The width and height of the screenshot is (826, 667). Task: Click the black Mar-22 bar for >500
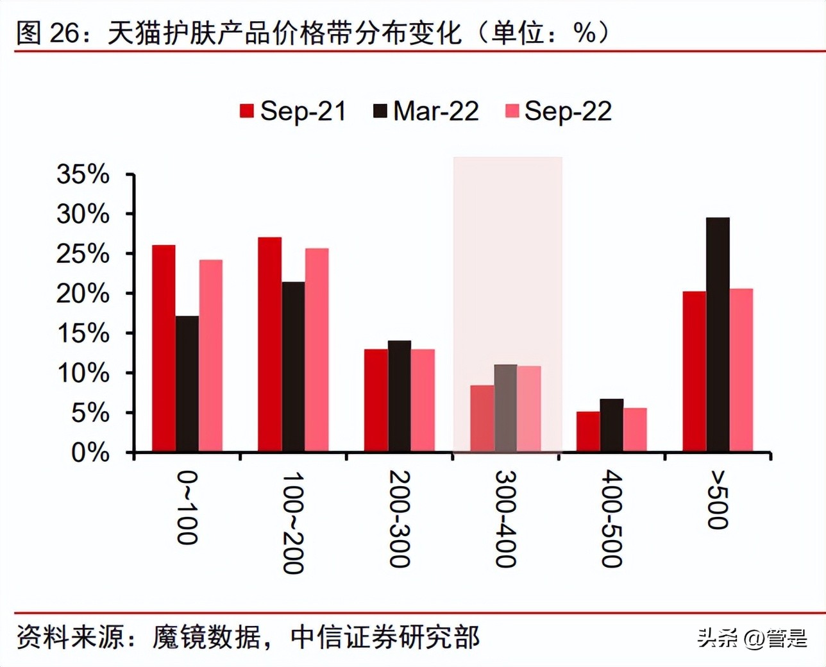tap(718, 335)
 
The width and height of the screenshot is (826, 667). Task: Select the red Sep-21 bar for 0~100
tap(164, 348)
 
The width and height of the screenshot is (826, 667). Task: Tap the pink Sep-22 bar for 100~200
tap(317, 350)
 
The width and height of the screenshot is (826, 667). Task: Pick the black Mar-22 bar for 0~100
tap(187, 384)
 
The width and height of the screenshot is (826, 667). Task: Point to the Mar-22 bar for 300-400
tap(505, 408)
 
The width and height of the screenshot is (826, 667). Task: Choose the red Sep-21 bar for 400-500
tap(588, 432)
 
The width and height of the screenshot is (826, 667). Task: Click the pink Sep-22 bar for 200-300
tap(423, 400)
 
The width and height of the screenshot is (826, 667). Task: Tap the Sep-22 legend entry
tap(559, 111)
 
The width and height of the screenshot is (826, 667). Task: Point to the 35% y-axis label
tap(83, 174)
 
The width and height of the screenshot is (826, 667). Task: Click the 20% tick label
tap(83, 294)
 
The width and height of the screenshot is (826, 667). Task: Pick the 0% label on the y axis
tap(90, 453)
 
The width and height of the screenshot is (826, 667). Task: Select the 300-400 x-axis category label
tap(506, 519)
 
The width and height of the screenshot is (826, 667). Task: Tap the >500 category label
tap(718, 500)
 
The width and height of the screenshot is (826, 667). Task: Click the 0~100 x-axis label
tap(187, 508)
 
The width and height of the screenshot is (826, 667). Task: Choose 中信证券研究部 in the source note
tap(385, 637)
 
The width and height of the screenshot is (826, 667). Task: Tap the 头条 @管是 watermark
tap(752, 637)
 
